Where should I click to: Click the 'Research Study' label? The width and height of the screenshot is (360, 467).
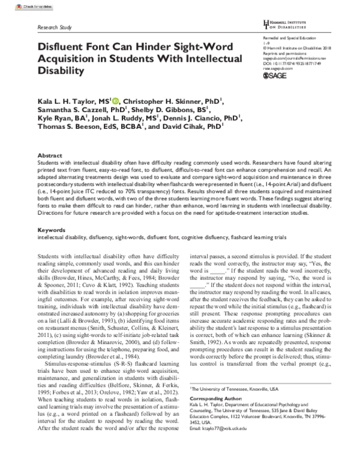coord(55,28)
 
